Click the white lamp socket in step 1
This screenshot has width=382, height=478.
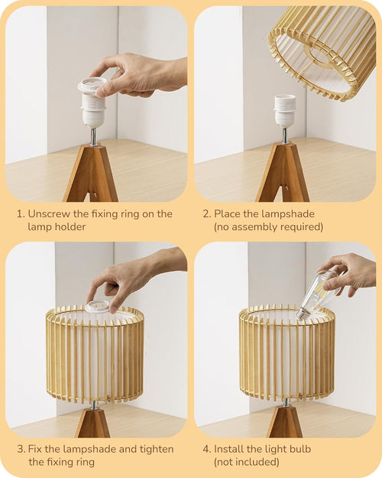[93, 107]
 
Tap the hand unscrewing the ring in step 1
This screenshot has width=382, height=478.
[141, 74]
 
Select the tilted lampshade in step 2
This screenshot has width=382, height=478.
[323, 49]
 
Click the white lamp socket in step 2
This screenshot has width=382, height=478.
[285, 111]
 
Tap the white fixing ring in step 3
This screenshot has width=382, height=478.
[97, 307]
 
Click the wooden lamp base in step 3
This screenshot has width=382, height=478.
[92, 421]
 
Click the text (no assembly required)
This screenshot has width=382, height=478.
[268, 227]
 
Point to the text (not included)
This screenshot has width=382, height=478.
[246, 462]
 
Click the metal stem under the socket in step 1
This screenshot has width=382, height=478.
[93, 136]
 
